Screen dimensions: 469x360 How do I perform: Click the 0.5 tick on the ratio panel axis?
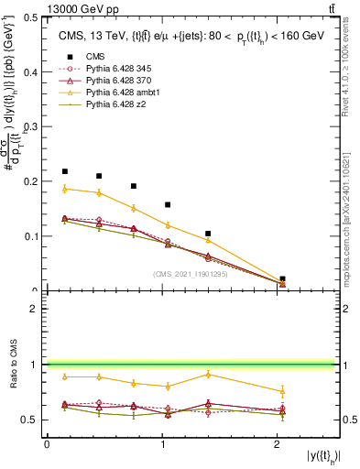[x=31, y=420]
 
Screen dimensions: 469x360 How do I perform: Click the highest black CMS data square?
[x=65, y=171]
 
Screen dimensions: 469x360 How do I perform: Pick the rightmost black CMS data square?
[x=282, y=278]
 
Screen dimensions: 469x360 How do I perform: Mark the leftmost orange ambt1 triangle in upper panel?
[x=65, y=189]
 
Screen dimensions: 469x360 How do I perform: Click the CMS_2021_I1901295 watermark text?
[x=190, y=274]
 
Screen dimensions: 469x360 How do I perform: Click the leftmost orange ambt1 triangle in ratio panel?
[x=65, y=376]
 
